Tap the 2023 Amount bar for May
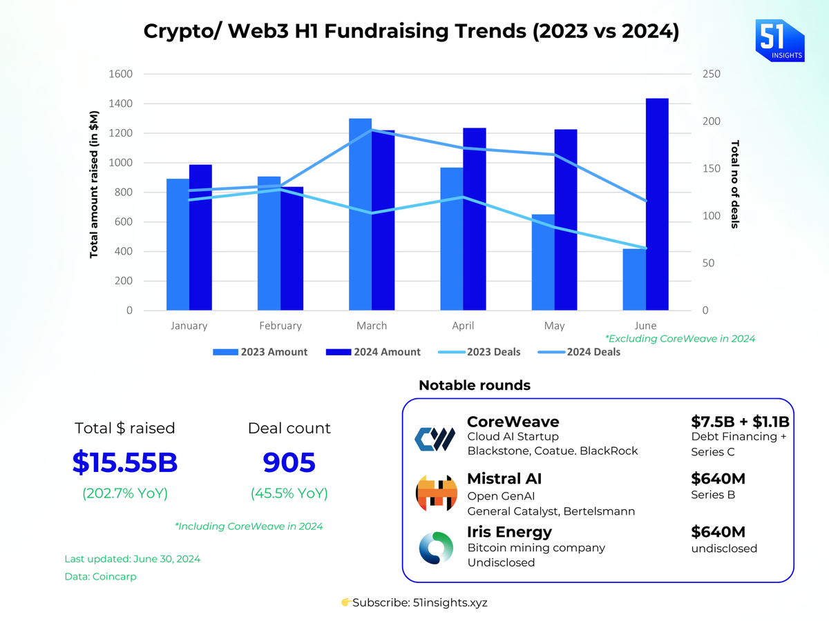click(542, 262)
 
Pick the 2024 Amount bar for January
click(200, 237)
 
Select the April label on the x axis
click(463, 326)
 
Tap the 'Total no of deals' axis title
click(735, 184)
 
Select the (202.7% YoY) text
click(125, 493)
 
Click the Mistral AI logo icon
click(436, 493)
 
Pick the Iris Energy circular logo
click(436, 548)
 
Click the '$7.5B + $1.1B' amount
click(740, 422)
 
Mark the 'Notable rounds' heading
click(475, 385)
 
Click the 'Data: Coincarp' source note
click(100, 576)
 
